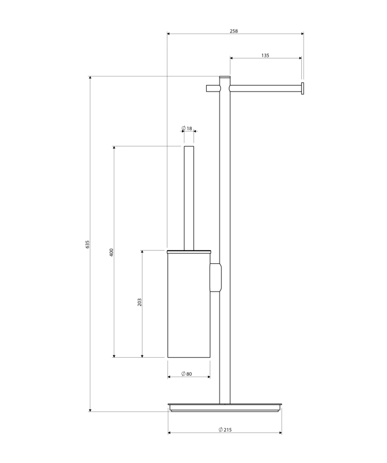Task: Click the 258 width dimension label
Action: pyautogui.click(x=233, y=31)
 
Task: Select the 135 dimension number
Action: pyautogui.click(x=265, y=56)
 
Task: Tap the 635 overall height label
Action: pyautogui.click(x=87, y=244)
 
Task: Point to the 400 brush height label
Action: pyautogui.click(x=111, y=252)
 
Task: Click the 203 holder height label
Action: pyautogui.click(x=140, y=302)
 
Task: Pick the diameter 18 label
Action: pyautogui.click(x=187, y=128)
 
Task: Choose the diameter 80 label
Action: pyautogui.click(x=187, y=374)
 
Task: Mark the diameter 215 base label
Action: pyautogui.click(x=225, y=429)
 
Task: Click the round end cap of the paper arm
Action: pyautogui.click(x=302, y=89)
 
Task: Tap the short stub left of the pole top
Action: pyautogui.click(x=213, y=89)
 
